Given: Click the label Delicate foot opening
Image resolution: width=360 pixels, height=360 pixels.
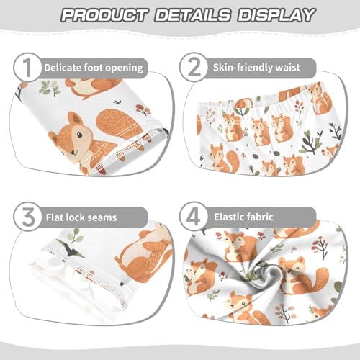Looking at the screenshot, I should (94, 68).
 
